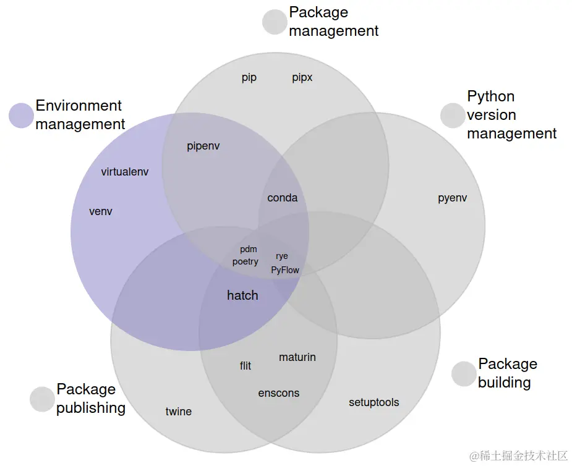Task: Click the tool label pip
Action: [249, 78]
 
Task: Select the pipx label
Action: [302, 78]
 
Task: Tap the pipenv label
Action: [203, 146]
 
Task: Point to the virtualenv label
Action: [125, 172]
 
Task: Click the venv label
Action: [101, 211]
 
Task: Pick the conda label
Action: [283, 198]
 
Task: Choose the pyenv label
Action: [453, 198]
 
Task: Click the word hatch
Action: [242, 295]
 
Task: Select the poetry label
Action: [245, 261]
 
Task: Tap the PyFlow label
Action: [285, 269]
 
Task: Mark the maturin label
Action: [297, 357]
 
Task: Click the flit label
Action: [245, 366]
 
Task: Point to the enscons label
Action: [279, 393]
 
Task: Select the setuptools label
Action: [374, 402]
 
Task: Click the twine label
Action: [179, 412]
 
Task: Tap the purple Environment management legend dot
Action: [22, 116]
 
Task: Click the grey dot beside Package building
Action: [464, 374]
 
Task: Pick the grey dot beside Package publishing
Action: [42, 399]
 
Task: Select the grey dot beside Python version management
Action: [453, 115]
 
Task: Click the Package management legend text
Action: [333, 22]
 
